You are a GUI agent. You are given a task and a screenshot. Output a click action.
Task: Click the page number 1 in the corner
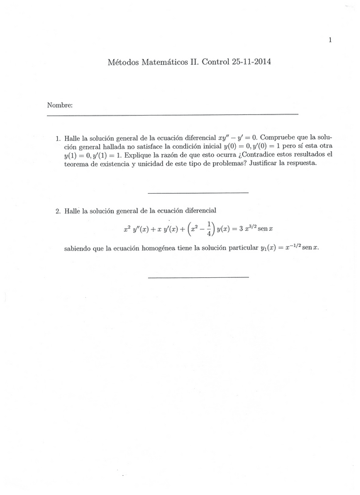coord(330,40)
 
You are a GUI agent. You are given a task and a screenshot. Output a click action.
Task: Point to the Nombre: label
coord(60,106)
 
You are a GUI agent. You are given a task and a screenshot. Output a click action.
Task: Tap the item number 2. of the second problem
coord(58,210)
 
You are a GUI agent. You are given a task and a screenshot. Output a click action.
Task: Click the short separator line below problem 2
coord(198,277)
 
